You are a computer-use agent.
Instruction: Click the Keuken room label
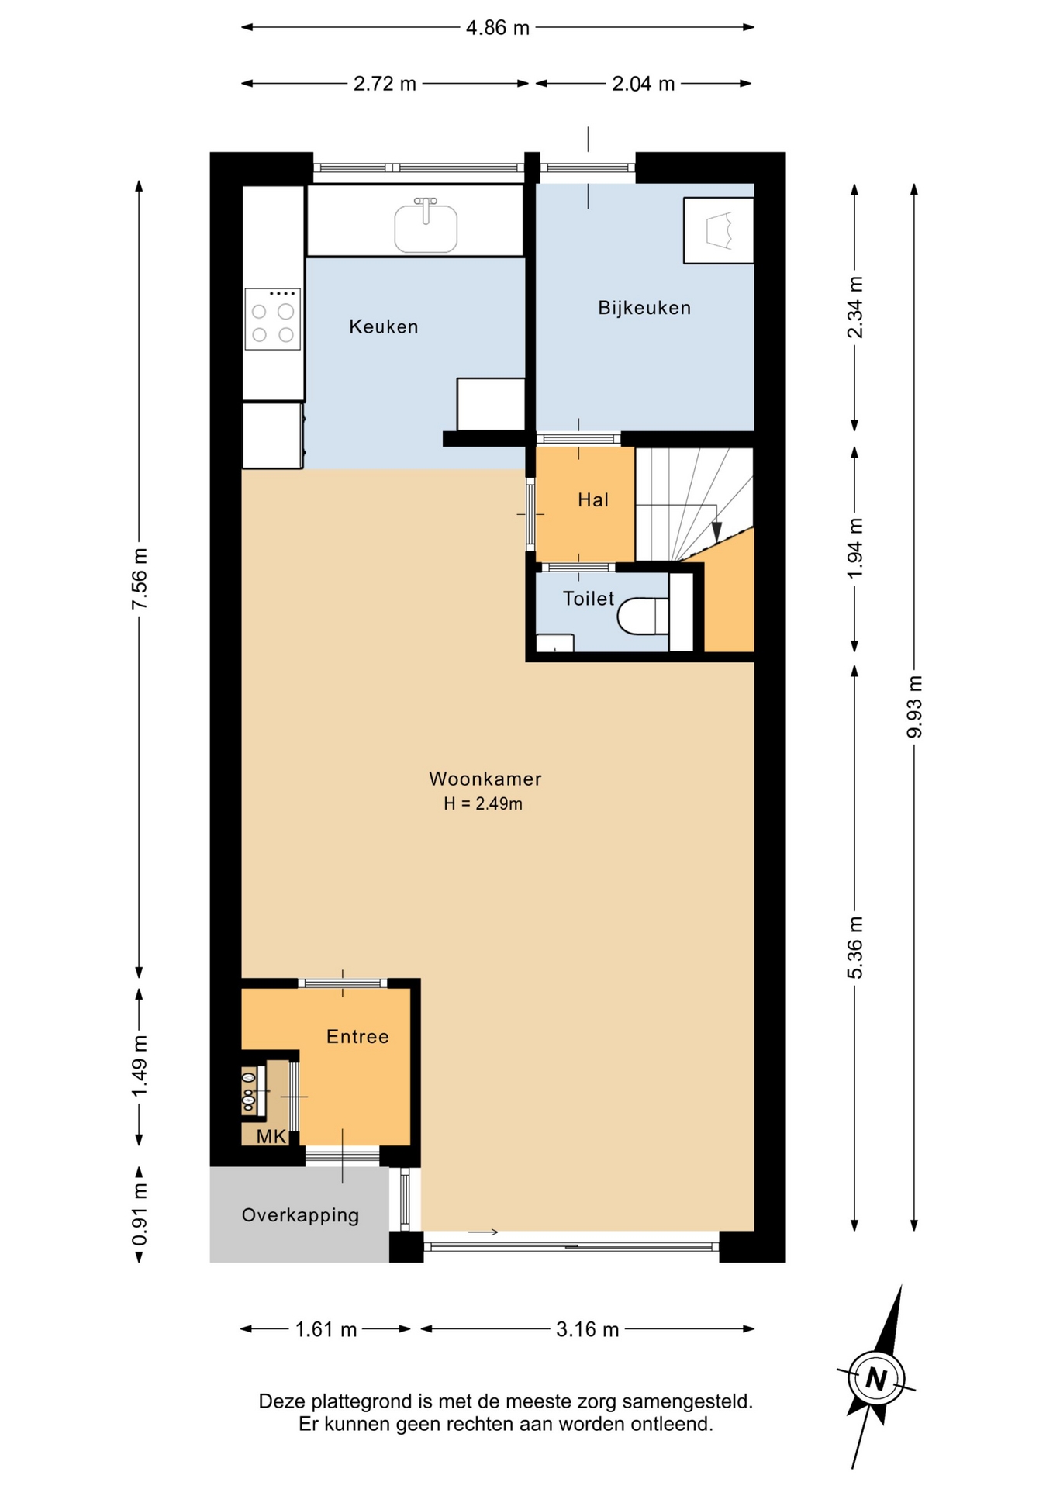click(384, 326)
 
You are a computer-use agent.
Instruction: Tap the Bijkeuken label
click(644, 308)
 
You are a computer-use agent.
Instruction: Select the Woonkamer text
click(485, 779)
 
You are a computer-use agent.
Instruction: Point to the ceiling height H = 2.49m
click(483, 803)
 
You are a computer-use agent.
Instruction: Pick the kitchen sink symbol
click(426, 226)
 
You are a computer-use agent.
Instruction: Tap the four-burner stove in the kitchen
click(273, 319)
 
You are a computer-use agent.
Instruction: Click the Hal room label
click(593, 500)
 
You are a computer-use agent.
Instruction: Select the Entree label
click(357, 1037)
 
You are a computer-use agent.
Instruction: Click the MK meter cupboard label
click(271, 1137)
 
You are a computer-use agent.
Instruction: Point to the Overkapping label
click(300, 1215)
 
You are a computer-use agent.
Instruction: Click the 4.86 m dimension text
click(498, 28)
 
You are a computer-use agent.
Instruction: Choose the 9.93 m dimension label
click(915, 706)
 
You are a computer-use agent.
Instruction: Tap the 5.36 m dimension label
click(854, 947)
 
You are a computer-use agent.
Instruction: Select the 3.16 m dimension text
click(588, 1329)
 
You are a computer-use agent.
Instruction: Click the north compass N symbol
click(876, 1379)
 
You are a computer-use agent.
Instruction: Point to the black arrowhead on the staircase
click(716, 531)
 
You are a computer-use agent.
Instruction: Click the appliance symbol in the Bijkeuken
click(719, 230)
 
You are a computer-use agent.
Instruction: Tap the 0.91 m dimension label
click(140, 1214)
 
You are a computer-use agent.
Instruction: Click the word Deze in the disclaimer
click(282, 1401)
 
